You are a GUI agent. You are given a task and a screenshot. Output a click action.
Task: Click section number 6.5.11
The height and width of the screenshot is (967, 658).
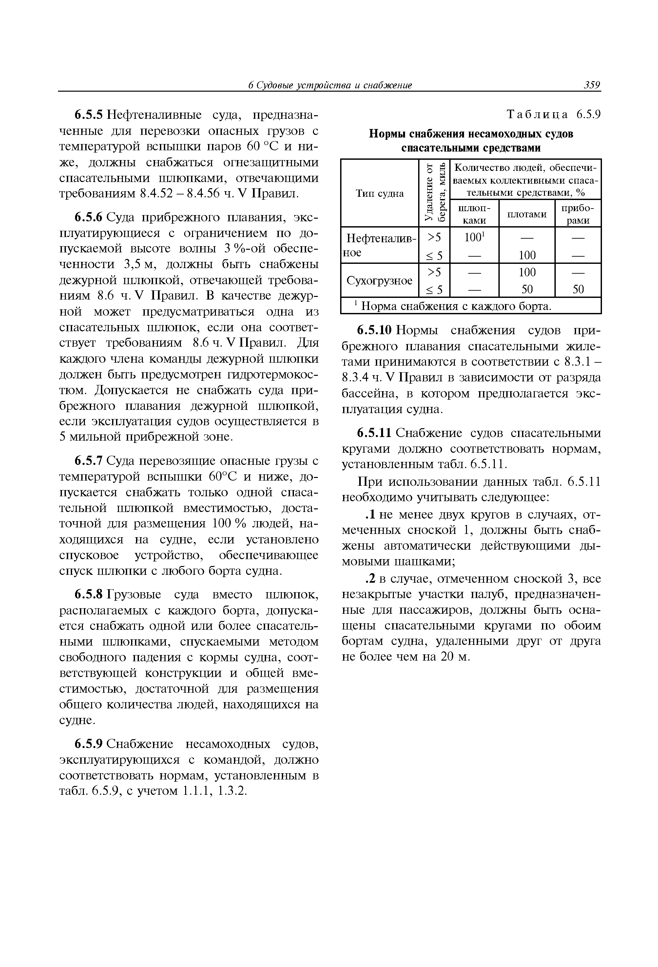374,433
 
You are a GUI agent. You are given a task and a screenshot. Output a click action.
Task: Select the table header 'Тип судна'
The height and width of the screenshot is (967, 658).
379,193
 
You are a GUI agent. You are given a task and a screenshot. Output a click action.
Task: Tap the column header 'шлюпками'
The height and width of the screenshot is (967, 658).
475,214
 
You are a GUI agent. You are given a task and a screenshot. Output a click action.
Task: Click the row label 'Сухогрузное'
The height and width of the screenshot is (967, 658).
379,281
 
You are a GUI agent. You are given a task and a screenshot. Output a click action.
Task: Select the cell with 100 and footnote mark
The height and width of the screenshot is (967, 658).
475,238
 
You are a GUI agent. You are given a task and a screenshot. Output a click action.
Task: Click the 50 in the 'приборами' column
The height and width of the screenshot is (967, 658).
578,289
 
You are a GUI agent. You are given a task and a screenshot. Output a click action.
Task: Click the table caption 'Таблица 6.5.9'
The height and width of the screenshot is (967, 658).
553,115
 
